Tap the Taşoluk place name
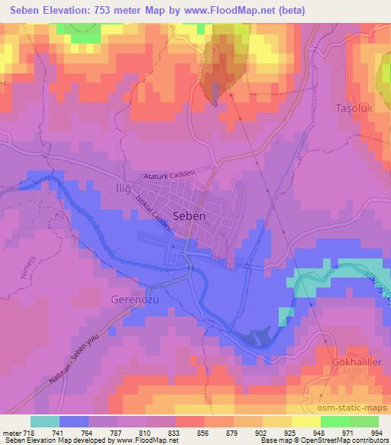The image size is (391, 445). pyautogui.click(x=354, y=109)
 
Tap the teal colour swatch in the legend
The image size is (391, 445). pyautogui.click(x=44, y=421)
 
